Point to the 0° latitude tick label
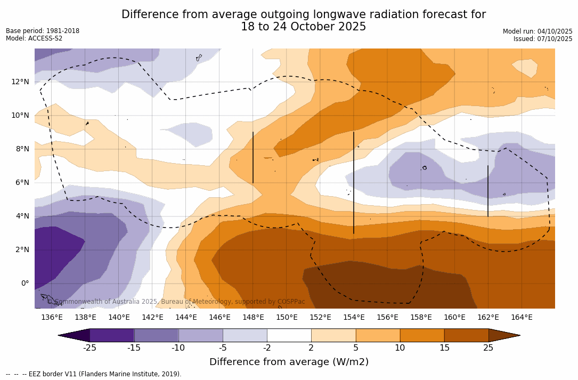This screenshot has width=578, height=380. pyautogui.click(x=25, y=283)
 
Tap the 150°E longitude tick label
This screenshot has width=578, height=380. pyautogui.click(x=287, y=318)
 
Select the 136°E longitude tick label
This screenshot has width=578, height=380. pyautogui.click(x=52, y=318)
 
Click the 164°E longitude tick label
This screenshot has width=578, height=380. pyautogui.click(x=522, y=318)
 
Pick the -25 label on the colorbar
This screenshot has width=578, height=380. pyautogui.click(x=89, y=348)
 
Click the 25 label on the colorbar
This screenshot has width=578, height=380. pyautogui.click(x=488, y=348)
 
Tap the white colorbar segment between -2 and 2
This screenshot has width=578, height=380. pyautogui.click(x=289, y=335)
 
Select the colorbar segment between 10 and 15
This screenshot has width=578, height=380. pyautogui.click(x=421, y=335)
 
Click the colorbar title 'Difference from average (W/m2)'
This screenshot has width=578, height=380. pyautogui.click(x=289, y=362)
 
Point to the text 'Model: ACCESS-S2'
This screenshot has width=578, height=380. pyautogui.click(x=34, y=38)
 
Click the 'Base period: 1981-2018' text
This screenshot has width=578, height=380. pyautogui.click(x=43, y=31)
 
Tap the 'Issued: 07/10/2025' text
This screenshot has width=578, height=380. pyautogui.click(x=543, y=39)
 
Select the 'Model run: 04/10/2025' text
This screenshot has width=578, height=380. pyautogui.click(x=538, y=31)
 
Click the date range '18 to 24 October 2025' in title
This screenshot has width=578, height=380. pyautogui.click(x=303, y=27)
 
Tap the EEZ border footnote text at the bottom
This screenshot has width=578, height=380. pyautogui.click(x=94, y=374)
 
